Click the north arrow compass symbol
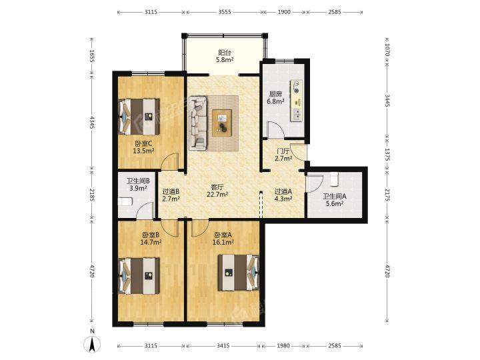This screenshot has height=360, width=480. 92,344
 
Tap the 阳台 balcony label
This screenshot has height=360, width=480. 225,53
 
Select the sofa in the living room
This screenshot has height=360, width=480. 198,123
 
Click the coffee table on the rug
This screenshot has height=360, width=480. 222,123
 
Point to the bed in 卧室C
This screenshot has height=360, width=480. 139,116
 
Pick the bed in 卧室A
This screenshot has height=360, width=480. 239,273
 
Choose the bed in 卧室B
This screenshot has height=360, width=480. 139,276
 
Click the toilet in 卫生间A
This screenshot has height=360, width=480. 334,179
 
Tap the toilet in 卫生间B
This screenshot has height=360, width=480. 125,202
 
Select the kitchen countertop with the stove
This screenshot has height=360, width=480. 296,101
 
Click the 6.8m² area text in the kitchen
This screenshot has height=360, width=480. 275,101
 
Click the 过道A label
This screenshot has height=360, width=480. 283,191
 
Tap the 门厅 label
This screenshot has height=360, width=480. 283,151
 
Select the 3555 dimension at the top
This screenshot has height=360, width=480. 225,12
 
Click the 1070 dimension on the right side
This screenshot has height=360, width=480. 387,50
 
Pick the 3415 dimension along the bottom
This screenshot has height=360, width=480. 223,345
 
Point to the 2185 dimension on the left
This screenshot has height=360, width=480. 92,195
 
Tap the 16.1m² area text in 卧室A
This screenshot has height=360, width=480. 223,242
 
